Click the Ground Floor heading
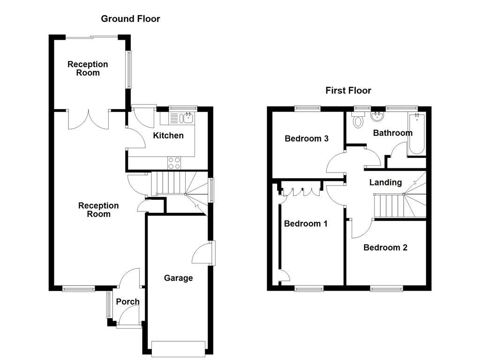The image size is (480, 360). [x=130, y=19]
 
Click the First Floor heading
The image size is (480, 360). [x=348, y=90]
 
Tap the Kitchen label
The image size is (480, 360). [x=169, y=136]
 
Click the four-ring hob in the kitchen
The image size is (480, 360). [x=174, y=163]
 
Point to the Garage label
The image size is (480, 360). [x=178, y=278]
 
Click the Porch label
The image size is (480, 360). [x=127, y=302]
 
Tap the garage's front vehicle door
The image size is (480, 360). [x=179, y=346]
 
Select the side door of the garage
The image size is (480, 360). [x=202, y=254]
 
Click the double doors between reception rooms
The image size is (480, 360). [x=89, y=119]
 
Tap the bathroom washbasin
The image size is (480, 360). [x=377, y=116]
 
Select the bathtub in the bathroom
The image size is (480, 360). [x=417, y=133]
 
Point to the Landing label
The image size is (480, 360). [x=385, y=182]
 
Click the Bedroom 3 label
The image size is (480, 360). [x=307, y=139]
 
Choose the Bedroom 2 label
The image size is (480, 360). [x=385, y=247]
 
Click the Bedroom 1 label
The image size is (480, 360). [x=306, y=224]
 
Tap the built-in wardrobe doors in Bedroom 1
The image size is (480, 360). [x=300, y=192]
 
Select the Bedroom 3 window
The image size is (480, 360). [x=307, y=109]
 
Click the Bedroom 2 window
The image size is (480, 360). [x=386, y=288]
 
